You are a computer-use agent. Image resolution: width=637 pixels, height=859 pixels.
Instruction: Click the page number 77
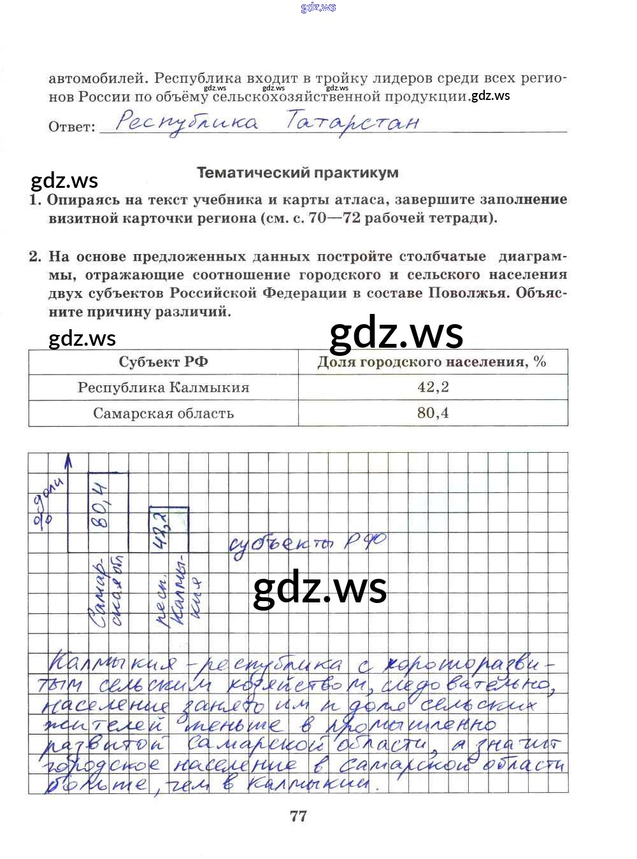click(298, 816)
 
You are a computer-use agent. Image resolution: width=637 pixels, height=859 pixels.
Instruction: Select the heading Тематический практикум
click(297, 173)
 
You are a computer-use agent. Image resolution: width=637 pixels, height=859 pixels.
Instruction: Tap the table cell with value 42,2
click(433, 387)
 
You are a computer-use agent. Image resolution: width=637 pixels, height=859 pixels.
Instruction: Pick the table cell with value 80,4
click(433, 413)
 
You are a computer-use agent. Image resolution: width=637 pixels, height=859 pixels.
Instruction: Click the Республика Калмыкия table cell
click(163, 387)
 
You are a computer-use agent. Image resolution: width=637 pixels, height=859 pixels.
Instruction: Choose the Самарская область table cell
click(163, 413)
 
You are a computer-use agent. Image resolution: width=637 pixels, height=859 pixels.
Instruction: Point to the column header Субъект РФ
click(163, 362)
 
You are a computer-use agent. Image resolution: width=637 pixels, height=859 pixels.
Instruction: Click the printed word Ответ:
click(71, 127)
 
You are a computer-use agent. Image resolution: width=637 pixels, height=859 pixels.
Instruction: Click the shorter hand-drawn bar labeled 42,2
click(169, 529)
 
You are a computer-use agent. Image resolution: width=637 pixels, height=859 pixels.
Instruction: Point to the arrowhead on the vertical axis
click(68, 460)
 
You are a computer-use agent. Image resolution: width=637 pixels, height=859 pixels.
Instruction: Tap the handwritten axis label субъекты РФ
click(308, 545)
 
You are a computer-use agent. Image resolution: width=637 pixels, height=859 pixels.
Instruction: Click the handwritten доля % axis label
click(47, 503)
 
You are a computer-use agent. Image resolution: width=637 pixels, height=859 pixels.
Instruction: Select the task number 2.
click(35, 257)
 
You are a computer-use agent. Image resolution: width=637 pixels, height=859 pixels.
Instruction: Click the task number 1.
click(35, 200)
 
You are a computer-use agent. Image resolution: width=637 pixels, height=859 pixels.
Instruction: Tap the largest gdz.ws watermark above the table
click(396, 333)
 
